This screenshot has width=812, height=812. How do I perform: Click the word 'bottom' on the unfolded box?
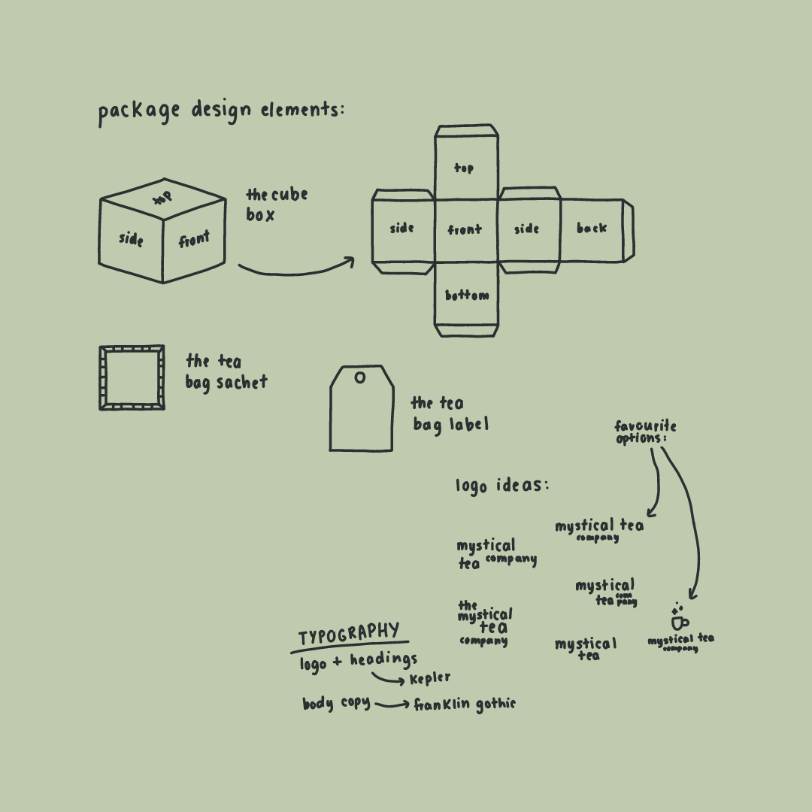[466, 295]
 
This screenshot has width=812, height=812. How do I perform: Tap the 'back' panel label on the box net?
[592, 228]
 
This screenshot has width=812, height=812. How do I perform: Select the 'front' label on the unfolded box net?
[465, 229]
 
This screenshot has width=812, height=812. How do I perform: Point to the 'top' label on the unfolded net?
[464, 168]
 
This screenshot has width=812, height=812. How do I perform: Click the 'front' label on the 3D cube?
[194, 240]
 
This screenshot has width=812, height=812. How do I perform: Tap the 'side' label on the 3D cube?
[131, 239]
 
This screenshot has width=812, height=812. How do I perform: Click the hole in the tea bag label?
[360, 377]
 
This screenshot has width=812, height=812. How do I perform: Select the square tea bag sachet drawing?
[132, 377]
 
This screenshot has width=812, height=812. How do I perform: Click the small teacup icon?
[679, 622]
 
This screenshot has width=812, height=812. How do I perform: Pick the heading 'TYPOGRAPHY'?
[349, 634]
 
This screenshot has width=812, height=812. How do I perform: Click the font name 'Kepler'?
[430, 679]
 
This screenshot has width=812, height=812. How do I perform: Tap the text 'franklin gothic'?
[465, 704]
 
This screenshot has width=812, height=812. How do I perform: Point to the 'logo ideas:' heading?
[502, 486]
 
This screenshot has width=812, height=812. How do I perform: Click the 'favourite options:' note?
[644, 432]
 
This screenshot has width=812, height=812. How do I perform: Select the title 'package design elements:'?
[221, 111]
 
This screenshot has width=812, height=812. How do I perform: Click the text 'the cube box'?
[276, 205]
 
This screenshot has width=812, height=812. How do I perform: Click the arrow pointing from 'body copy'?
[392, 705]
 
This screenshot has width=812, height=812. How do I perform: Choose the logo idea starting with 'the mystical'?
[485, 623]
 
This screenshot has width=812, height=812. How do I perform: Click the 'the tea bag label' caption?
[449, 414]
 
